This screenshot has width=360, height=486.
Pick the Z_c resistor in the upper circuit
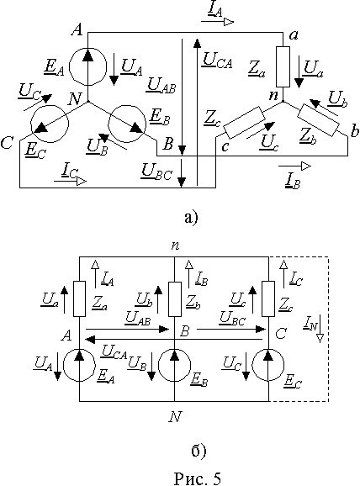pyautogui.click(x=245, y=123)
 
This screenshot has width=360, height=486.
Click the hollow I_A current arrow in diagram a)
pyautogui.click(x=218, y=22)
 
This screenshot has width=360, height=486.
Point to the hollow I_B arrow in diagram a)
pyautogui.click(x=294, y=166)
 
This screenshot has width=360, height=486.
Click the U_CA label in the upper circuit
pyautogui.click(x=217, y=60)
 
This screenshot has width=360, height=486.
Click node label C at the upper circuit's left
pyautogui.click(x=7, y=144)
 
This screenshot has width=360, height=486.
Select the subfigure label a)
pyautogui.click(x=191, y=217)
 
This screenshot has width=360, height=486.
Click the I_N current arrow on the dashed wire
pyautogui.click(x=320, y=329)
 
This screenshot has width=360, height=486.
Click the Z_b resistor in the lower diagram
pyautogui.click(x=175, y=299)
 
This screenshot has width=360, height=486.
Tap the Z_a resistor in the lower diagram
pyautogui.click(x=79, y=298)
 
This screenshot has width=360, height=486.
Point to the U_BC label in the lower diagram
pyautogui.click(x=232, y=319)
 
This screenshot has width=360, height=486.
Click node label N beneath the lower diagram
pyautogui.click(x=175, y=417)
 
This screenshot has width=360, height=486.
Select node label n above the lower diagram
pyautogui.click(x=175, y=246)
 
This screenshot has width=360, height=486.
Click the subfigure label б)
pyautogui.click(x=199, y=451)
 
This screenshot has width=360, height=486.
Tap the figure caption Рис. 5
pyautogui.click(x=197, y=478)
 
